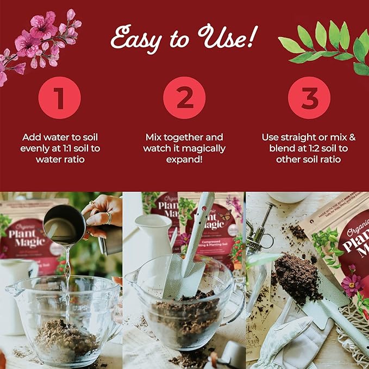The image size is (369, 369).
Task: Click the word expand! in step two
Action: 185,160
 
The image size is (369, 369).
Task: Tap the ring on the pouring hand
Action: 109,218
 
